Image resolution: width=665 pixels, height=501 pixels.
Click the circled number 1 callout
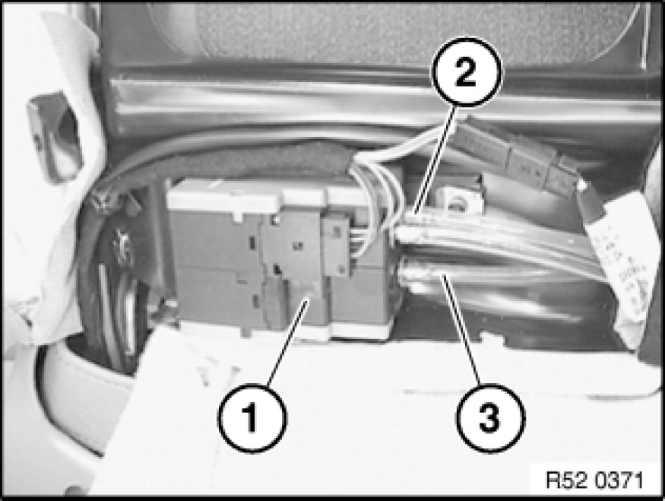pyautogui.click(x=252, y=417)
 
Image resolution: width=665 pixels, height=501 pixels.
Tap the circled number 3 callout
pyautogui.click(x=490, y=417)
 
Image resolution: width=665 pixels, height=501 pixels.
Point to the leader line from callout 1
pyautogui.click(x=287, y=341)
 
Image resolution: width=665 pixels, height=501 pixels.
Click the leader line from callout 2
pyautogui.click(x=436, y=160)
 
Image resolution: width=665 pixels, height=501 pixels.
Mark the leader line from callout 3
pyautogui.click(x=461, y=330)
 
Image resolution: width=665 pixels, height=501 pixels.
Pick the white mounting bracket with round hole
pyautogui.click(x=459, y=201)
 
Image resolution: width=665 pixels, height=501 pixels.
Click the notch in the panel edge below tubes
pyautogui.click(x=492, y=338)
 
